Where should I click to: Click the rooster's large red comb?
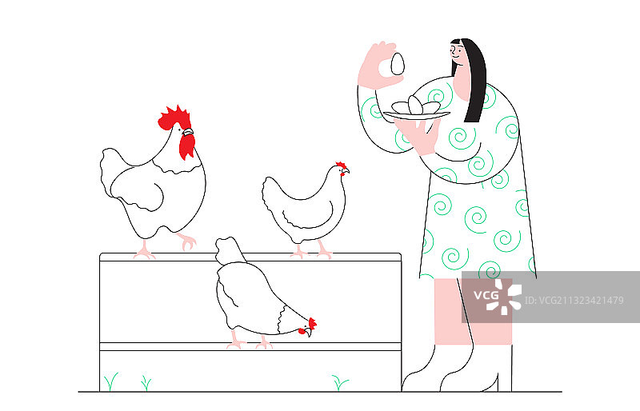(x=174, y=118)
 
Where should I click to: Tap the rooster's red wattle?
(x=187, y=146)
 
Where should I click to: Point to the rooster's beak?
(x=188, y=132)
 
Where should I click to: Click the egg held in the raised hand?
(x=397, y=64)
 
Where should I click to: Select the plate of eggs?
(x=416, y=110)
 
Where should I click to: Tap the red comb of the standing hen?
(x=342, y=165)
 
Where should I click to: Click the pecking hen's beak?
(x=308, y=333)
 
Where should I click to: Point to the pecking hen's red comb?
(x=312, y=323)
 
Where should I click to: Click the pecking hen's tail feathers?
(x=230, y=249)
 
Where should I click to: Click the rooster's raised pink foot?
(x=187, y=241)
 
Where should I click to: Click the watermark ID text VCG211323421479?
(x=574, y=301)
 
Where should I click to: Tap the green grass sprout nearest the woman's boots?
(x=339, y=383)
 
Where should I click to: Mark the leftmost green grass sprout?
(x=110, y=381)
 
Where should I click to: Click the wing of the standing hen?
(x=310, y=216)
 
